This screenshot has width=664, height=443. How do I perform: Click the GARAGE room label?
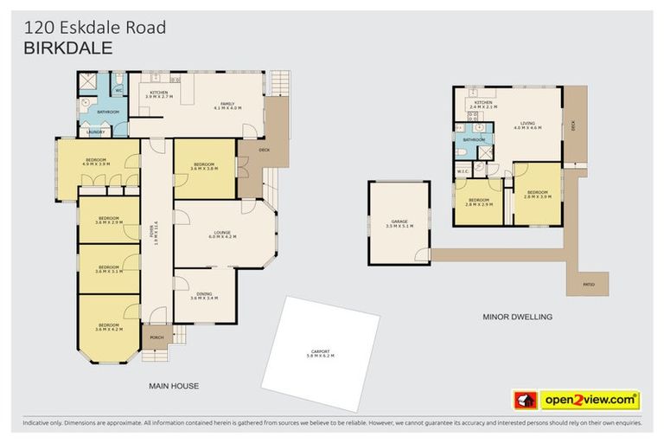click(x=399, y=222)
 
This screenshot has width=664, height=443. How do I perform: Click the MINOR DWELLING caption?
click(x=517, y=318)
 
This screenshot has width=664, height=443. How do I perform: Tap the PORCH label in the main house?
click(x=156, y=337)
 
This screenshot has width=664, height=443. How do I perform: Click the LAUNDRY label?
click(x=96, y=132)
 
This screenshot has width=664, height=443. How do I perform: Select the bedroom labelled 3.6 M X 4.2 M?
click(x=108, y=328)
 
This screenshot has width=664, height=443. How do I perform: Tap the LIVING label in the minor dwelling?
click(x=526, y=124)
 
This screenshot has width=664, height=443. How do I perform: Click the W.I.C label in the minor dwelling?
click(x=463, y=172)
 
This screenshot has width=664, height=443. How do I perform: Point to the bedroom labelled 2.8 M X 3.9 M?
click(x=537, y=194)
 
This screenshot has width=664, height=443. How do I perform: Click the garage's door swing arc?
click(x=421, y=254)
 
